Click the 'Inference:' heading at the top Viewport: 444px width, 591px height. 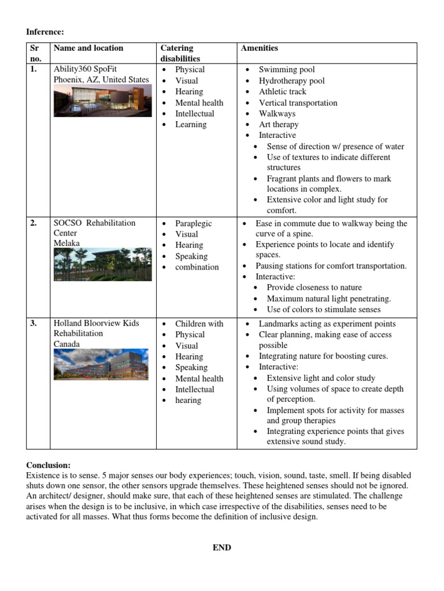tap(45, 32)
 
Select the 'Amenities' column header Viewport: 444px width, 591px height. tap(259, 48)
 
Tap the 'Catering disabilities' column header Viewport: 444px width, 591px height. tap(180, 53)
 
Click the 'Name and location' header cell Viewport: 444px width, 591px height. tap(88, 48)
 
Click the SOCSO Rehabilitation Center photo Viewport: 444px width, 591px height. tap(102, 265)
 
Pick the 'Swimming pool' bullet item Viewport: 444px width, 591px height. tap(287, 70)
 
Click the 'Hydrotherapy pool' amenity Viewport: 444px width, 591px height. tap(291, 81)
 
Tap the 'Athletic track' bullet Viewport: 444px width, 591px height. tap(282, 92)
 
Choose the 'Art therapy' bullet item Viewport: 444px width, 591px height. tap(279, 125)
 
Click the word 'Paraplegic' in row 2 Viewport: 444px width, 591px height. tap(194, 223)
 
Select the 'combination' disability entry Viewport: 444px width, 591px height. tap(197, 267)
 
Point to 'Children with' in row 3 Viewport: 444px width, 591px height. tap(199, 324)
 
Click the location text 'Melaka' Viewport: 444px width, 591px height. tap(66, 244)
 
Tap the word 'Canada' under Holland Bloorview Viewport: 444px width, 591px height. tap(67, 344)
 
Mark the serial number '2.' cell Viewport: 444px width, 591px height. tap(34, 223)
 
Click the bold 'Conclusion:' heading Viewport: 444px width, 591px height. tap(49, 465)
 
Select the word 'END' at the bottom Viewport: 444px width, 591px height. tap(221, 548)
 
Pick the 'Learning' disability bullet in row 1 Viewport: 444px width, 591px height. tap(191, 125)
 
